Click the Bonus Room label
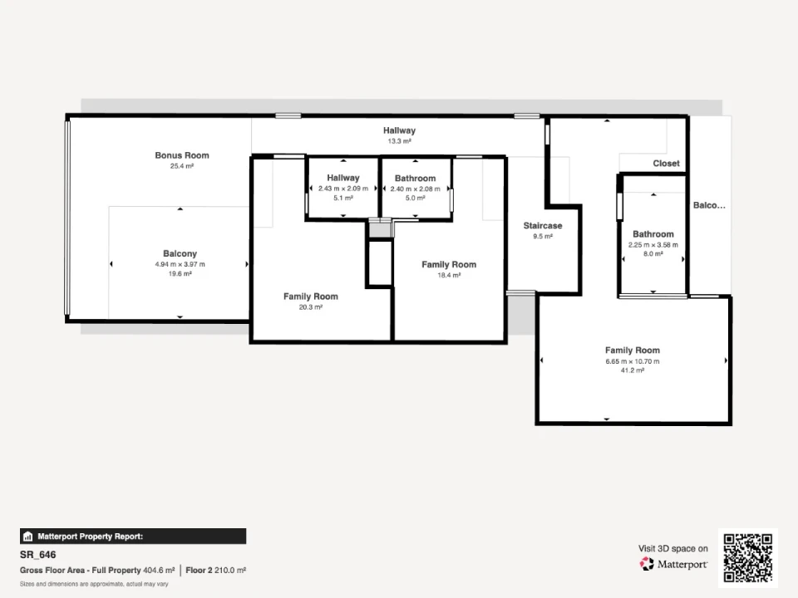coord(182,155)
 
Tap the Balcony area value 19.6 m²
coord(180,273)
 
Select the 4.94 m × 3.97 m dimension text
coord(180,264)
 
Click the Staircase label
coord(543,225)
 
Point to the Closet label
coord(666,164)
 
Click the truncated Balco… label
coord(709,205)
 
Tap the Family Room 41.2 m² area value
coord(632,370)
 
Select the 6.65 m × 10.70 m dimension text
coord(632,361)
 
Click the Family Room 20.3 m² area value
coord(310,306)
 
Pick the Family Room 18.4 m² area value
coord(449,275)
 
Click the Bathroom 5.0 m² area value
coord(416,198)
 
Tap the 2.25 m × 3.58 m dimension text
coord(653,244)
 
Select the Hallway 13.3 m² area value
coord(399,141)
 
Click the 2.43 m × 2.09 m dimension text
coord(343,189)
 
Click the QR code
coord(748,558)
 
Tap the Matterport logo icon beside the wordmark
coord(647,564)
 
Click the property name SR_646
coord(37,555)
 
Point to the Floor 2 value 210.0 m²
coord(230,570)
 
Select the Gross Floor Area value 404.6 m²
coord(159,570)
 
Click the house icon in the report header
coord(28,537)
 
